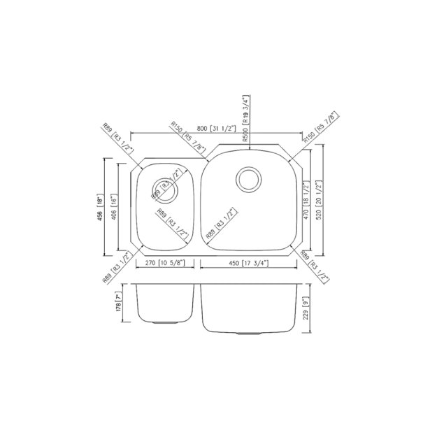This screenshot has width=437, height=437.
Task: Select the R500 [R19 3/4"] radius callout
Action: (245, 119)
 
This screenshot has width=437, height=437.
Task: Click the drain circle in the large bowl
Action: (248, 179)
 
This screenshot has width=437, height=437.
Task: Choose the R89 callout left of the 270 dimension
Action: (115, 268)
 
